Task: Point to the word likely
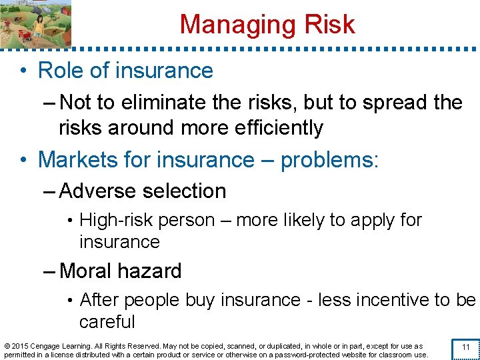point(309,220)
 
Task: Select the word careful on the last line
point(107,322)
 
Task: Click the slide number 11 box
point(466,347)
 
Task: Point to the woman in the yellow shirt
point(39,25)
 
